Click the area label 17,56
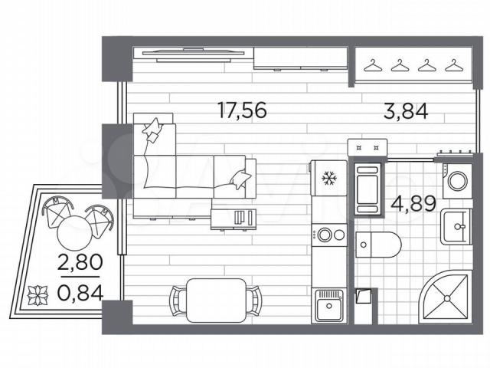[243, 110]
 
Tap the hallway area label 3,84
[406, 111]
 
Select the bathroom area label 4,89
[413, 204]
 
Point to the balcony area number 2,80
[80, 262]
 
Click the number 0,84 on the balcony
[80, 293]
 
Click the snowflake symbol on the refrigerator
[330, 178]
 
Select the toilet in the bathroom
[378, 245]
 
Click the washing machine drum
[458, 181]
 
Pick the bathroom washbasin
[456, 227]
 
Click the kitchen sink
[329, 305]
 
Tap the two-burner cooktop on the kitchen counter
[329, 235]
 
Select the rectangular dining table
[216, 301]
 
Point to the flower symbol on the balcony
[38, 294]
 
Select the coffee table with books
[234, 219]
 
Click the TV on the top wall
[194, 54]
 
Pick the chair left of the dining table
[178, 301]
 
